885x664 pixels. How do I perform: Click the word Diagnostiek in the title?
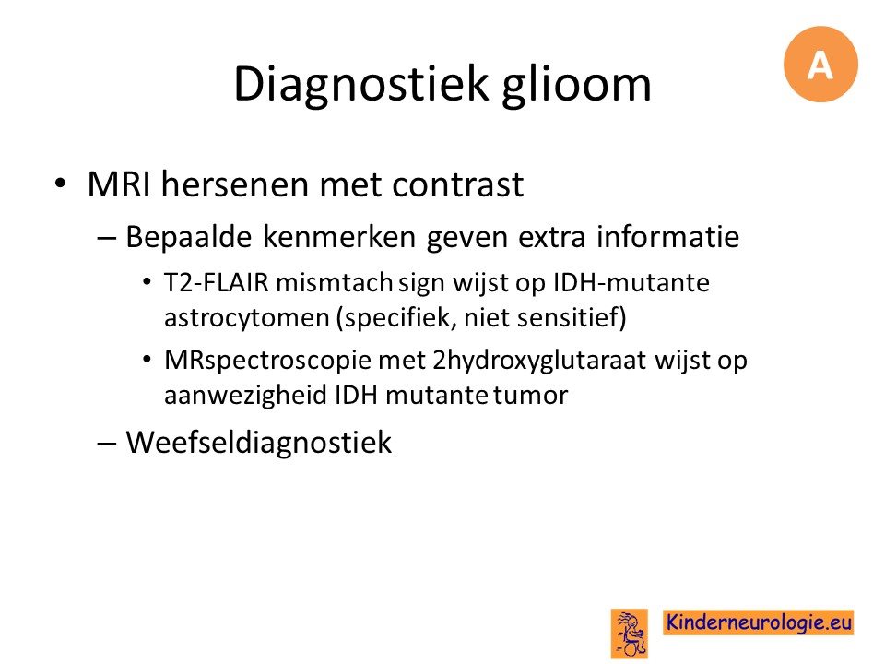[x=360, y=85]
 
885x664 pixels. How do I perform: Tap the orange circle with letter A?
[x=820, y=65]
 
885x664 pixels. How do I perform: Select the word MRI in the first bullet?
[x=119, y=184]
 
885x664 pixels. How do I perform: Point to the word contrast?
[x=458, y=185]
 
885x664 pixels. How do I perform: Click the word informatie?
[x=667, y=236]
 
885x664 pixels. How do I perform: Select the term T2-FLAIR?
[x=216, y=282]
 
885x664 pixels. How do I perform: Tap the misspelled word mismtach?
[x=334, y=282]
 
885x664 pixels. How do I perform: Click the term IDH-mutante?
[x=631, y=282]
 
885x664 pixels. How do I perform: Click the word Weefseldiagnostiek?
[x=258, y=442]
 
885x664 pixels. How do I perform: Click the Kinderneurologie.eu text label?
[x=759, y=622]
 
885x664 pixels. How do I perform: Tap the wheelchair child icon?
[x=630, y=633]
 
